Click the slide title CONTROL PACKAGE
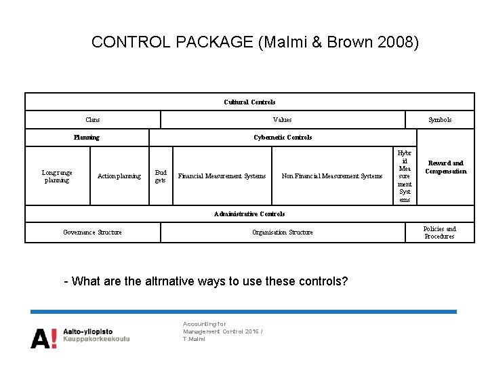pos(255,42)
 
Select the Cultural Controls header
pos(249,102)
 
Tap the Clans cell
pos(93,120)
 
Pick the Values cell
pos(282,120)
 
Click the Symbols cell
pos(440,120)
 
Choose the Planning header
pos(87,138)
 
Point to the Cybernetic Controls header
pos(283,138)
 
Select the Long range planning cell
pos(57,176)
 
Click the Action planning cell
pos(119,176)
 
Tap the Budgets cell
pos(161,176)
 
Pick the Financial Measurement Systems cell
pos(222,176)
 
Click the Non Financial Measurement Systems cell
pos(332,176)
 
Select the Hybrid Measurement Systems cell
pos(405,176)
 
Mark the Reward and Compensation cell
pos(446,167)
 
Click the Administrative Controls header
pos(249,214)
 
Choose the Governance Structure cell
pos(93,232)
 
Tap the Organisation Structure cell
pos(282,232)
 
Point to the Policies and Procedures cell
pos(440,232)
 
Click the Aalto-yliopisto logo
pos(80,335)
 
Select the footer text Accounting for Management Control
pos(213,331)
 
